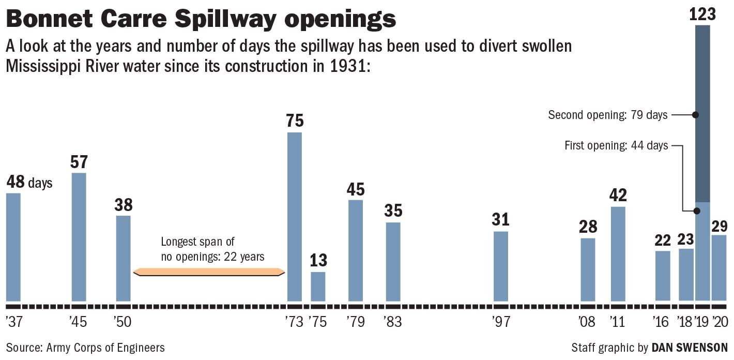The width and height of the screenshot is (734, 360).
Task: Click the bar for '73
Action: [294, 217]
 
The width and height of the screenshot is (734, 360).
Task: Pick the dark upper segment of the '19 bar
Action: [702, 113]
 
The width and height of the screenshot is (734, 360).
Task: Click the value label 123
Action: [702, 14]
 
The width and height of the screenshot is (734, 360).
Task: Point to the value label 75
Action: [295, 121]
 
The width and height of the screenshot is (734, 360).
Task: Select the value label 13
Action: [318, 260]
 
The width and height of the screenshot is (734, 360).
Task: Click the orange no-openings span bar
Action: [209, 272]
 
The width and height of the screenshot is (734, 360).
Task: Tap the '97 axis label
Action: [501, 322]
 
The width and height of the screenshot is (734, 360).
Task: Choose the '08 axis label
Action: [587, 322]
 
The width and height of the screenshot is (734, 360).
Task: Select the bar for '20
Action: [718, 267]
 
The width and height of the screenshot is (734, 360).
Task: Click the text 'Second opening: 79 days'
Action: [607, 115]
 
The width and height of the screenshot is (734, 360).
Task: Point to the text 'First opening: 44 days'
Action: [616, 146]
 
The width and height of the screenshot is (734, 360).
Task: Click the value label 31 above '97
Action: [500, 219]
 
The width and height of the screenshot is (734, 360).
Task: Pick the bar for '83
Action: [393, 262]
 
